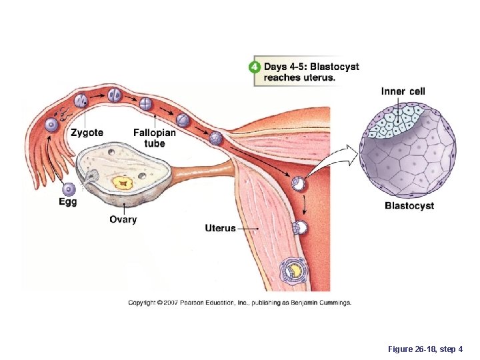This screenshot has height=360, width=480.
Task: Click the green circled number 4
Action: pyautogui.click(x=254, y=67)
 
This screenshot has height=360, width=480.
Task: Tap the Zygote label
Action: pyautogui.click(x=87, y=133)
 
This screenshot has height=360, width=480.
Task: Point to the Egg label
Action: pyautogui.click(x=67, y=202)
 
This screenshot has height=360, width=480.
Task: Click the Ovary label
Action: pyautogui.click(x=123, y=219)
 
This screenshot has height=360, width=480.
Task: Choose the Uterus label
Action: pyautogui.click(x=220, y=228)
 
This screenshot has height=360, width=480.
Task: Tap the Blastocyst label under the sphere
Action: pyautogui.click(x=409, y=205)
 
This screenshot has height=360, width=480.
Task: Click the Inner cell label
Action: pyautogui.click(x=403, y=91)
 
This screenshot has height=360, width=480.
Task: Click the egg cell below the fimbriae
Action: pyautogui.click(x=67, y=189)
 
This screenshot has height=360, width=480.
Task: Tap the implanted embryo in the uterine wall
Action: pyautogui.click(x=294, y=269)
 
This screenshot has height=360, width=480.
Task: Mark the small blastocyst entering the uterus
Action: pyautogui.click(x=298, y=183)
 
